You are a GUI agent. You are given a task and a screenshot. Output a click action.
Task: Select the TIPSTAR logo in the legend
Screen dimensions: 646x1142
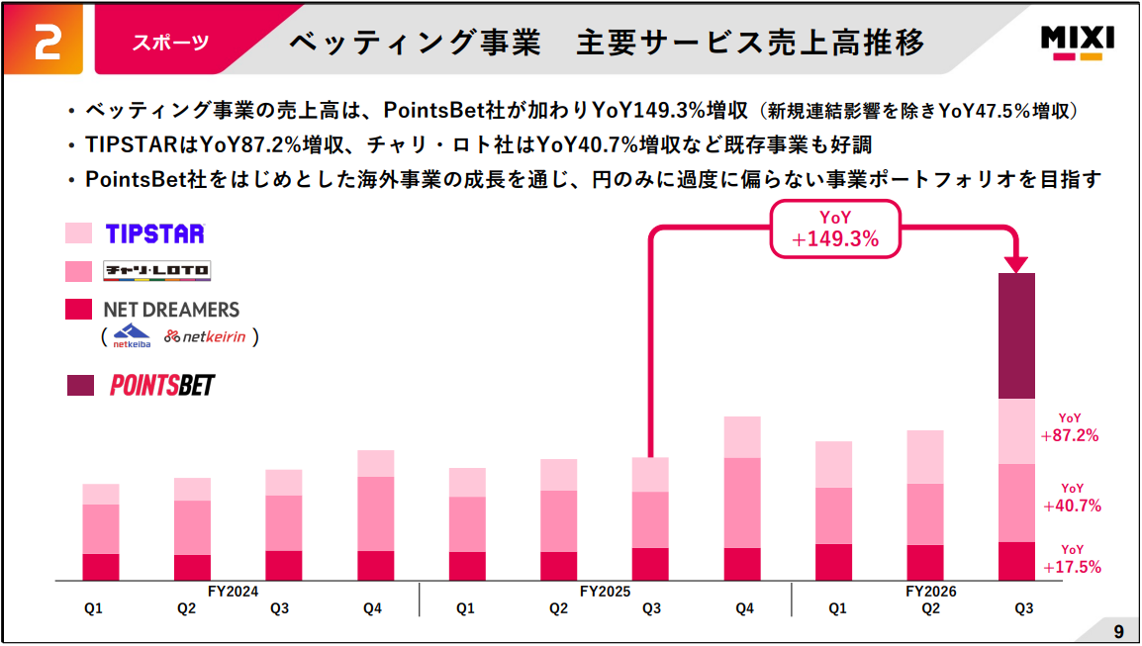[x=154, y=233]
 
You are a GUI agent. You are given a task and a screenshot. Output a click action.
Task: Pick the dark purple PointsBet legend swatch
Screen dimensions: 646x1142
[x=81, y=385]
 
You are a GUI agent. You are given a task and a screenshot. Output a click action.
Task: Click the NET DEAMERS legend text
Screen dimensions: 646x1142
[x=171, y=310]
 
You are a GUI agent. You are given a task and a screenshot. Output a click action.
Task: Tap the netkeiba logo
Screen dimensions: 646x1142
[x=132, y=336]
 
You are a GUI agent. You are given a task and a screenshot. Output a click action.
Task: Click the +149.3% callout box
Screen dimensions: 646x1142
[x=835, y=228]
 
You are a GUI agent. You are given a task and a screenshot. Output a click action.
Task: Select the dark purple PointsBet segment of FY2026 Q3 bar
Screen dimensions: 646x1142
[x=1016, y=335]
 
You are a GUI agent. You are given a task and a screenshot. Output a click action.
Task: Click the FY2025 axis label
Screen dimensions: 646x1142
[x=605, y=592]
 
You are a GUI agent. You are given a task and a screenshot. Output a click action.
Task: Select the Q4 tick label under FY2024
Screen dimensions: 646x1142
[x=372, y=608]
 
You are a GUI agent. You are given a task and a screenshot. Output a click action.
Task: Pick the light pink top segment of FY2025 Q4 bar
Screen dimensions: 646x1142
[x=742, y=437]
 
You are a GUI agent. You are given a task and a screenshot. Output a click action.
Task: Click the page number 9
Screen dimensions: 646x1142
[x=1118, y=630]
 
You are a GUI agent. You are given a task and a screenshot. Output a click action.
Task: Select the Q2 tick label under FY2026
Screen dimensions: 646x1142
[x=930, y=608]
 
